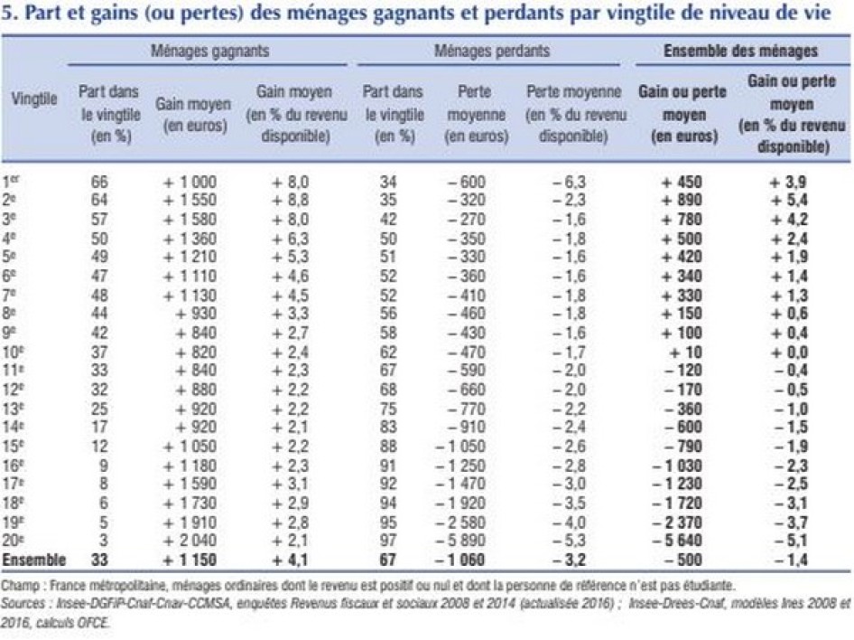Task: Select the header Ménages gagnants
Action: click(210, 52)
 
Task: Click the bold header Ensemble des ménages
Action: click(740, 52)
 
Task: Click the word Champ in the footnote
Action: click(20, 585)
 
